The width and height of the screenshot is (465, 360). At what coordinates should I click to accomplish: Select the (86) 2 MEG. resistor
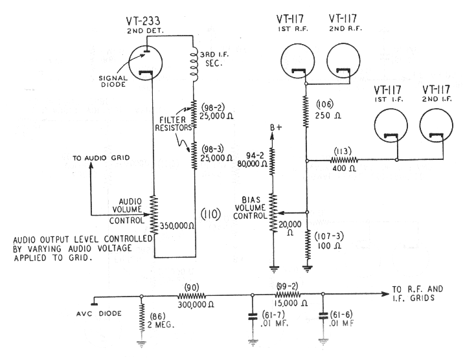coord(142,318)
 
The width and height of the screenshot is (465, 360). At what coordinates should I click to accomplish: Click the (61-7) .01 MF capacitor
coord(252,319)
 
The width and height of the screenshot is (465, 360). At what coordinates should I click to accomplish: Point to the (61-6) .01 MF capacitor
coord(323,319)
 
